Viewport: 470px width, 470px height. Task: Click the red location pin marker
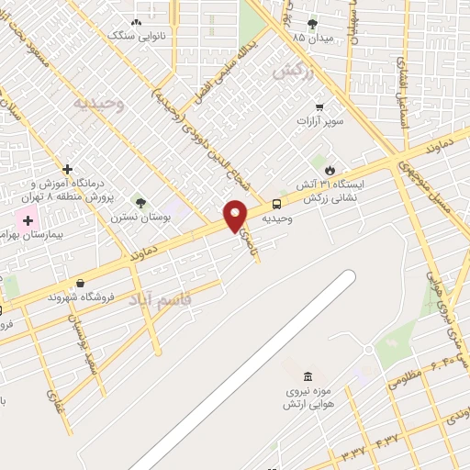(x=236, y=216)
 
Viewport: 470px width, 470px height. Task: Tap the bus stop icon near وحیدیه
(x=277, y=205)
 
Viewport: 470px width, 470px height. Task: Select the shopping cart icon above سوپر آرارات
(x=319, y=106)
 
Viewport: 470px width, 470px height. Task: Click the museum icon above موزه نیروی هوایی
(x=307, y=377)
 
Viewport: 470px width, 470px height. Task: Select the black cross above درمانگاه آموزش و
(x=67, y=169)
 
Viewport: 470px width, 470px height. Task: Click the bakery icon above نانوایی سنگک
(x=137, y=22)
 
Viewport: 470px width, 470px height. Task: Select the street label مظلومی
(x=405, y=377)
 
